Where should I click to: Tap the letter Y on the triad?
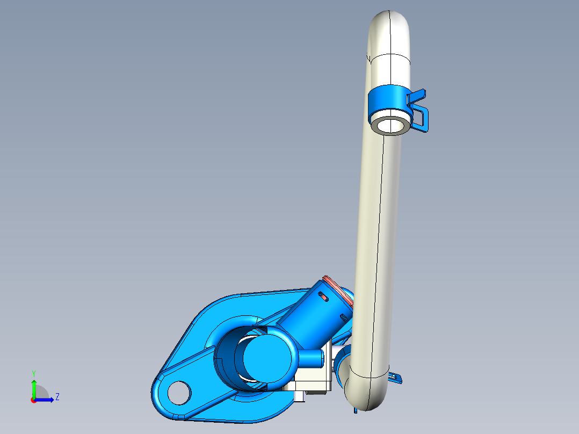pyautogui.click(x=33, y=373)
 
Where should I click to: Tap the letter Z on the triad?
pyautogui.click(x=57, y=397)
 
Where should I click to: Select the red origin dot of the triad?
pyautogui.click(x=33, y=400)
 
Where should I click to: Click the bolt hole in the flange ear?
pyautogui.click(x=179, y=393)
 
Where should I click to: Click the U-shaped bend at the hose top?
pyautogui.click(x=389, y=27)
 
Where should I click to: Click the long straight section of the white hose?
pyautogui.click(x=379, y=242)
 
